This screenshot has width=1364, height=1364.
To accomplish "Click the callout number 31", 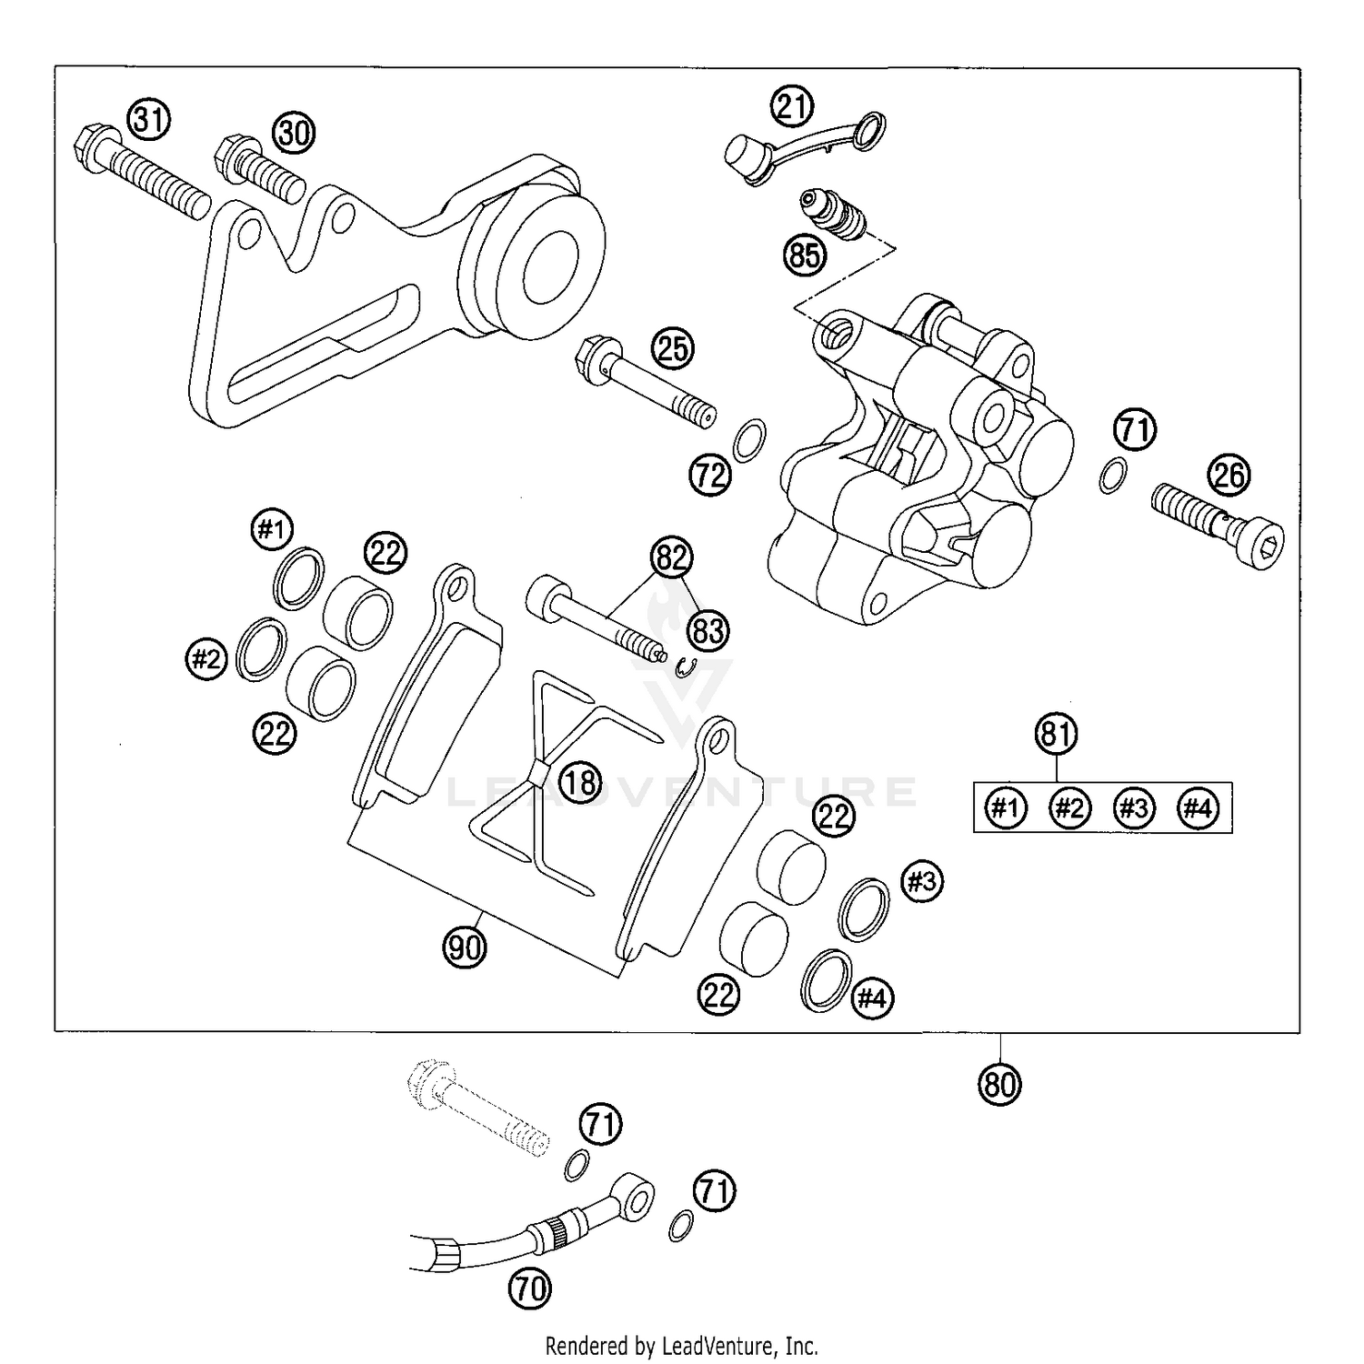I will coord(149,119).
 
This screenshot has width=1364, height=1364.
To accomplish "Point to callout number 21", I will coord(793,108).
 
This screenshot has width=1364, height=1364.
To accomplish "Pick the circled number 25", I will coord(672,349).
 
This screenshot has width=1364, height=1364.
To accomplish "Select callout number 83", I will coord(708,629).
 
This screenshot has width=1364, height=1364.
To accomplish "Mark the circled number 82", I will coord(671,557).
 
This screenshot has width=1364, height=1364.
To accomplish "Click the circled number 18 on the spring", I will coord(580,781).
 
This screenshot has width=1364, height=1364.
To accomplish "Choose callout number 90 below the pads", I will coord(465,948).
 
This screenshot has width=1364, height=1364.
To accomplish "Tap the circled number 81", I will coord(1056,734).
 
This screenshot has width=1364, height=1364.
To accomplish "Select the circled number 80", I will coord(999,1084).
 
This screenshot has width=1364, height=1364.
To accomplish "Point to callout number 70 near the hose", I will coord(532,1288).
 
